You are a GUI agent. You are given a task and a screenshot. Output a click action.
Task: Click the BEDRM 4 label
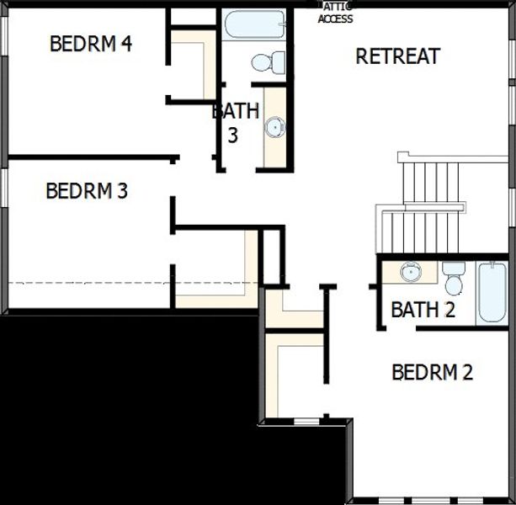tap(90, 44)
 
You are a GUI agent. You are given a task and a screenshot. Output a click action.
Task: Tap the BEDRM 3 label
tap(87, 191)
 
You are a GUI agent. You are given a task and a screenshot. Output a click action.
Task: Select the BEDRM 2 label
tap(432, 372)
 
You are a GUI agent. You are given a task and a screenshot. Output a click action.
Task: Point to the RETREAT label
tap(397, 56)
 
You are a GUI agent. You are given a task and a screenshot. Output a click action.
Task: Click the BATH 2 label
tap(423, 310)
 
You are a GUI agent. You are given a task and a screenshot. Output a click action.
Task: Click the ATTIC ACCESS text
tap(335, 13)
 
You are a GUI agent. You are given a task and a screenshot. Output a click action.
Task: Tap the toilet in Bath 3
tap(270, 61)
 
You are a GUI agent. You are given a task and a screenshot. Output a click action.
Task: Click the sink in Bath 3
tap(274, 127)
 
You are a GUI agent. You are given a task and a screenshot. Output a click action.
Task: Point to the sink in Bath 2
tap(410, 272)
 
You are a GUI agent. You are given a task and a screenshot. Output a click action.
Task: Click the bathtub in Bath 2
tap(492, 292)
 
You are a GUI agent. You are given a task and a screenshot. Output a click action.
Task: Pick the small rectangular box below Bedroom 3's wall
tap(271, 256)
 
